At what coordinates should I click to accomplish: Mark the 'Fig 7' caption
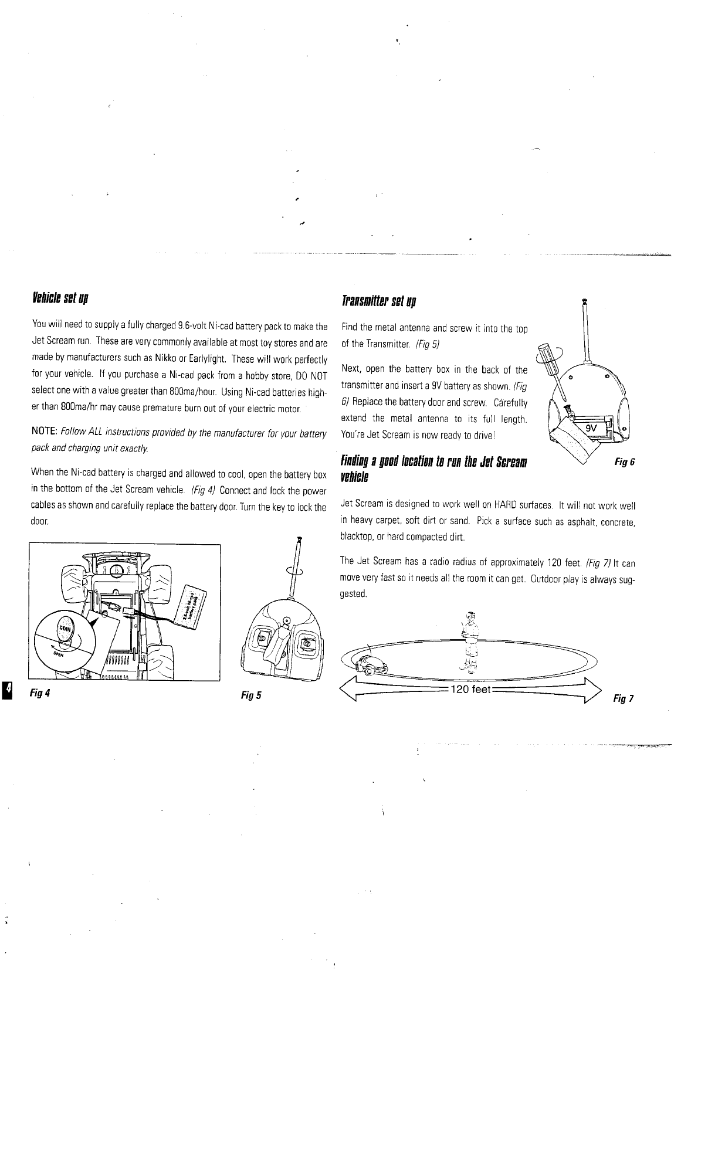click(x=623, y=698)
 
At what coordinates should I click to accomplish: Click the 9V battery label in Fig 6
click(x=591, y=428)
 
